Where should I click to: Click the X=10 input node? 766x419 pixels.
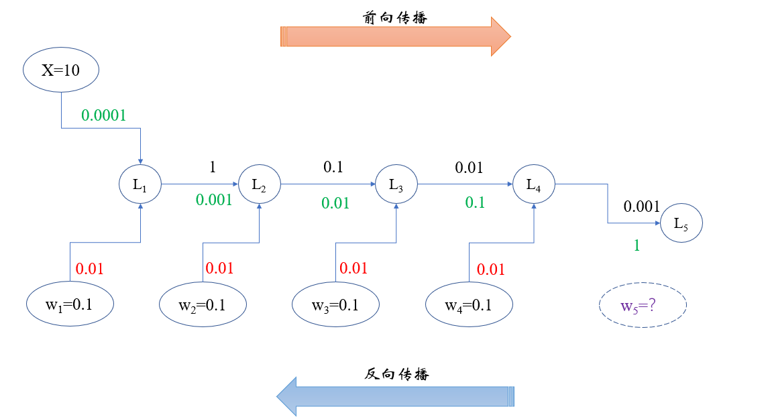click(x=61, y=70)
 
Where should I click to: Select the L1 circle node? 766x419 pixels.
click(x=140, y=185)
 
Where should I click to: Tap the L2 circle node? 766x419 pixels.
click(x=259, y=185)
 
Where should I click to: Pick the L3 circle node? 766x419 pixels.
click(x=396, y=185)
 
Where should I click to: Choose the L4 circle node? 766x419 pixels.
click(x=533, y=185)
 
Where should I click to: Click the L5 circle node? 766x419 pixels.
click(x=681, y=223)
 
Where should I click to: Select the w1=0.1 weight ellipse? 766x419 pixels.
click(x=70, y=304)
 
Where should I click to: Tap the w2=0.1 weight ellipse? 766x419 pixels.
click(x=203, y=304)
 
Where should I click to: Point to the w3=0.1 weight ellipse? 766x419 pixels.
click(x=335, y=304)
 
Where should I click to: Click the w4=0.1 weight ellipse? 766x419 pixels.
click(x=469, y=304)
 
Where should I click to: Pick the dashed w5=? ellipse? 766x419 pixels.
click(x=643, y=306)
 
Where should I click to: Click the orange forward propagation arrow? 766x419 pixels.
click(x=396, y=36)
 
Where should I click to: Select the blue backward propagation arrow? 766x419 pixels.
click(x=396, y=396)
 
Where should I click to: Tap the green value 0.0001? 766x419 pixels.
click(x=104, y=115)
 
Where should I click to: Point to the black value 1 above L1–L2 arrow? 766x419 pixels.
click(x=213, y=168)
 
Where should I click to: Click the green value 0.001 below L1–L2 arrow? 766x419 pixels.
click(x=214, y=200)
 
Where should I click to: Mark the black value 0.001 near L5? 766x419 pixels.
click(x=642, y=207)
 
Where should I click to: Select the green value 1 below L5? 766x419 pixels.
click(x=637, y=246)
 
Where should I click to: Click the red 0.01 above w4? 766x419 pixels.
click(x=491, y=270)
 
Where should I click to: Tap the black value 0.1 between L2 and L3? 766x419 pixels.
click(x=333, y=168)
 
